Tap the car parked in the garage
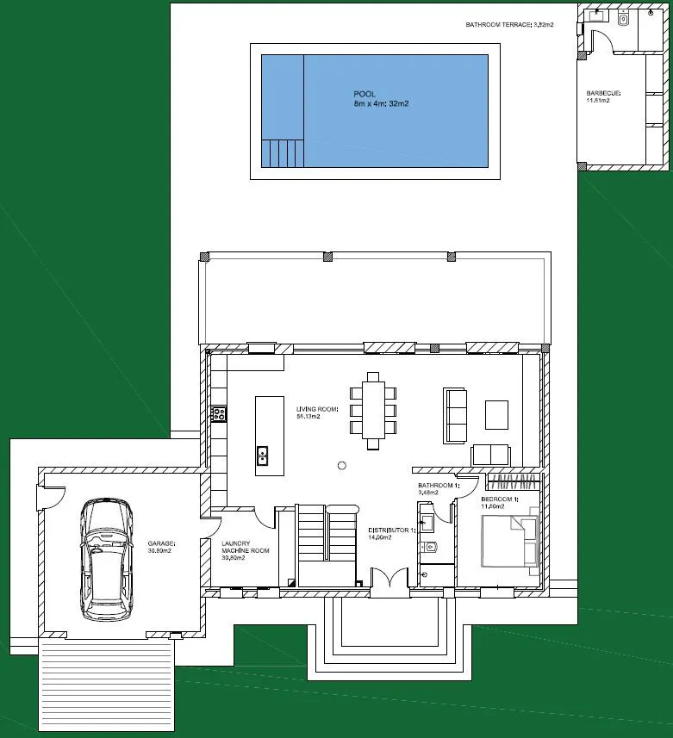(108, 560)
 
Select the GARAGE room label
(161, 548)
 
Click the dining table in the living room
(374, 410)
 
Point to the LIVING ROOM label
(317, 412)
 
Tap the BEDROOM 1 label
(500, 502)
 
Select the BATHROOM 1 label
(439, 489)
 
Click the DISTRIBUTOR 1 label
(391, 533)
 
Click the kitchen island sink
(262, 455)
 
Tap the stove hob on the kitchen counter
(219, 414)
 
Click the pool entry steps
(284, 152)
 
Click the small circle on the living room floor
(341, 465)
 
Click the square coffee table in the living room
(496, 414)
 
